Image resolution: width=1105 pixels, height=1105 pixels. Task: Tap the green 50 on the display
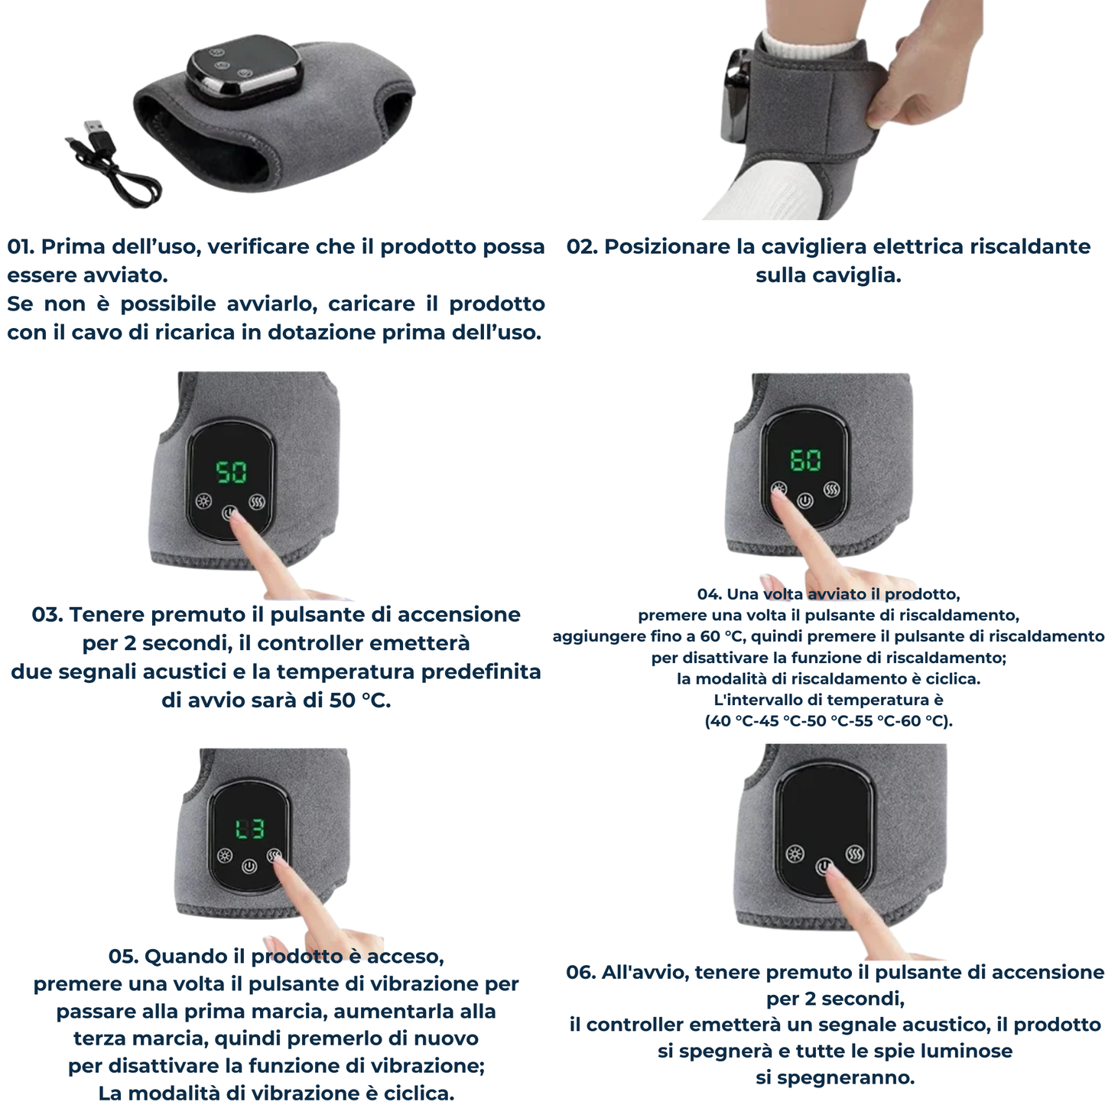point(231,472)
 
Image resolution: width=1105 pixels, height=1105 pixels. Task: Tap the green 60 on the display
point(806,460)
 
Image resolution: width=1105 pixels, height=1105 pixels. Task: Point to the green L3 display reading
point(250,829)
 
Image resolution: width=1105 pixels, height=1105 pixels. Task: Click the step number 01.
point(21,246)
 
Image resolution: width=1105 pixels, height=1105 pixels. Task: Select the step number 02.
point(582,246)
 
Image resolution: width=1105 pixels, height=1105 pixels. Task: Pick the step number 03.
point(47,615)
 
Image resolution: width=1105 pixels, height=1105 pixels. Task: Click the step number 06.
point(581,973)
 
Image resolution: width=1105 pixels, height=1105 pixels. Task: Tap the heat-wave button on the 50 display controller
point(258,502)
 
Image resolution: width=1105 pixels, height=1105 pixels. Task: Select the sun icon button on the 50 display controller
point(203,501)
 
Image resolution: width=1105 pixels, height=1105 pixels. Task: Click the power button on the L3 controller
point(249,866)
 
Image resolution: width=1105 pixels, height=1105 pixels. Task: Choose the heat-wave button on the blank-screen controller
point(855,854)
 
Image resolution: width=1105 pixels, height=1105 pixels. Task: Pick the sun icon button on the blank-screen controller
point(795,854)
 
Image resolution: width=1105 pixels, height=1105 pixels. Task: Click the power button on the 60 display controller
point(805,501)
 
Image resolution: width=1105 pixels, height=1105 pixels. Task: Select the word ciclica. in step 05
point(418,1093)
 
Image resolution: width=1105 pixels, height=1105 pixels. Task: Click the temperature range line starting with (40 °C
point(829,721)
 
